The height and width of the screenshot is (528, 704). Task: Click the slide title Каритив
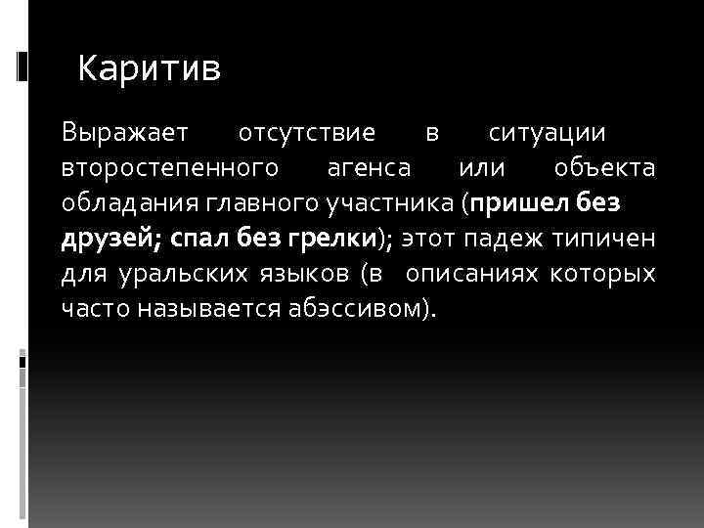click(150, 68)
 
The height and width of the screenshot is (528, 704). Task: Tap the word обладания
click(126, 203)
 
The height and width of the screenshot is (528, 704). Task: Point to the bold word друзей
click(103, 239)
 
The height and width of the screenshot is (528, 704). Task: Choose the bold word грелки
click(330, 239)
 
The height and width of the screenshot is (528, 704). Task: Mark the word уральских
click(163, 275)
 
